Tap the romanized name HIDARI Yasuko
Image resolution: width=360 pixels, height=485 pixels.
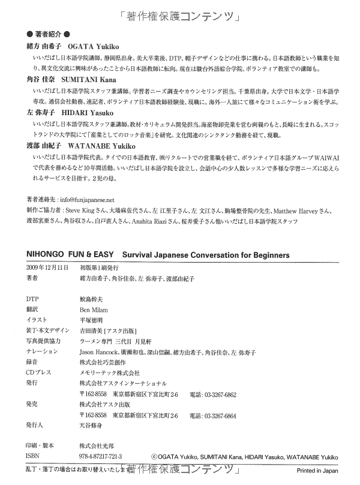[88, 111]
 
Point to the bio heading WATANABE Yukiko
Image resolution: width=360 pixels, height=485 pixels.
[98, 144]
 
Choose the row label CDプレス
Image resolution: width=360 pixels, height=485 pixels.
[40, 373]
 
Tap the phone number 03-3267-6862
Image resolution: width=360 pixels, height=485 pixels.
[220, 395]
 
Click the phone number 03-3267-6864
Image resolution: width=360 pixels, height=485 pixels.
[220, 415]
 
